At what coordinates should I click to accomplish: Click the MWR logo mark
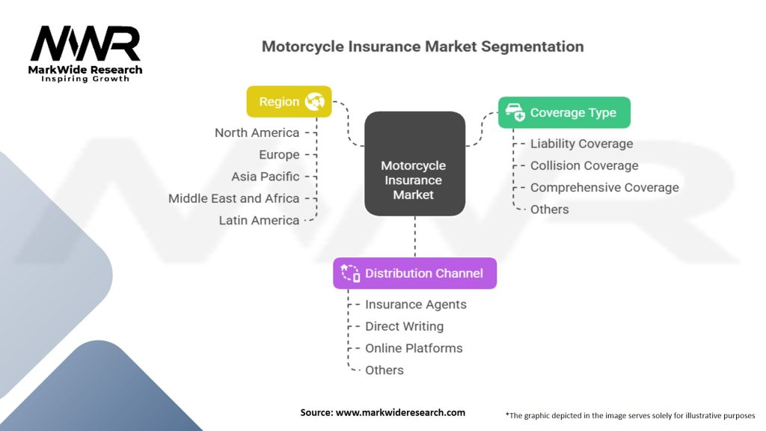[x=85, y=44]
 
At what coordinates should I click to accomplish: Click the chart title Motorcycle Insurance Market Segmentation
[x=423, y=46]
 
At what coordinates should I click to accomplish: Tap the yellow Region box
[x=289, y=102]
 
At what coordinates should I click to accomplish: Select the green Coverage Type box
[x=564, y=113]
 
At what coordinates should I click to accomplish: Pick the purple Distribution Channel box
[x=414, y=273]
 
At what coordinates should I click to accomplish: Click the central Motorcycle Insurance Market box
[x=414, y=180]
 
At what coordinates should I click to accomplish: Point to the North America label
[x=257, y=132]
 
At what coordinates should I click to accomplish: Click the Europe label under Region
[x=279, y=155]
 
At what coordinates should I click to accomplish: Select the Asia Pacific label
[x=265, y=177]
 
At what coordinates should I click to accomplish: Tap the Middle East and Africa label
[x=233, y=198]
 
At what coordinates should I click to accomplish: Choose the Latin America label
[x=259, y=221]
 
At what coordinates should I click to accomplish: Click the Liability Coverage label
[x=581, y=144]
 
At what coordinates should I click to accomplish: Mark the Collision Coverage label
[x=584, y=165]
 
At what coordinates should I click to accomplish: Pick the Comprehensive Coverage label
[x=604, y=187]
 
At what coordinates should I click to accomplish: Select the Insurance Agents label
[x=415, y=305]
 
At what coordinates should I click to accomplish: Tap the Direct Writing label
[x=404, y=326]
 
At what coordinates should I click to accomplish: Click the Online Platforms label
[x=414, y=348]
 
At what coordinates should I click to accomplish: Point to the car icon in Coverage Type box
[x=515, y=113]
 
